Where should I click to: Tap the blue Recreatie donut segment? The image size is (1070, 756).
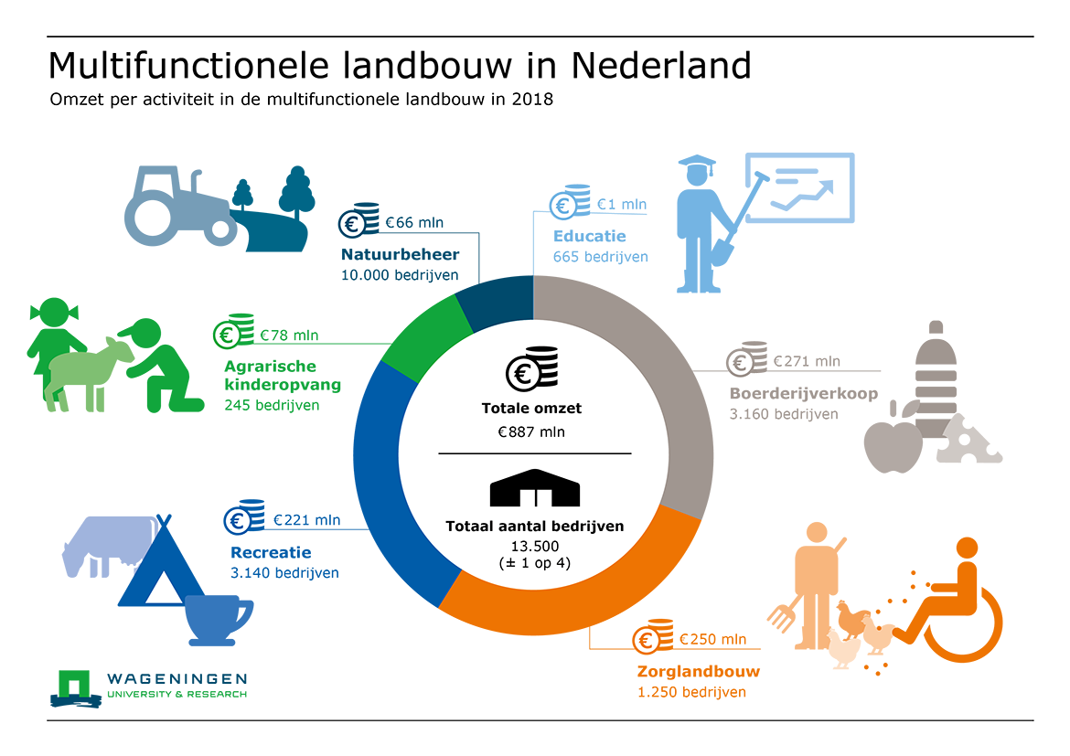pos(382,491)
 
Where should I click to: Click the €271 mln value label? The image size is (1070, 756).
pos(807,361)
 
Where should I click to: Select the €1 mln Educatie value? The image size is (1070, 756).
pos(622,204)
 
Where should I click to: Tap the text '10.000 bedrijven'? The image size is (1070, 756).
pos(400,275)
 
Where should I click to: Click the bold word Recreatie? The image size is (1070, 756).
pos(271,552)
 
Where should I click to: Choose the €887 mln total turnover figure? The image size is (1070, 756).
pos(531,431)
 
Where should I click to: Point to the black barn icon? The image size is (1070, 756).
pos(535,488)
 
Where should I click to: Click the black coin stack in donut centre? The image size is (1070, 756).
pos(532,368)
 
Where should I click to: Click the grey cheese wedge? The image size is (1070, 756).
pos(968,440)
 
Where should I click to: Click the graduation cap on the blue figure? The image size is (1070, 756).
pos(697,165)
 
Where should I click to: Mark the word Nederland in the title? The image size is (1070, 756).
pos(661,66)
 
